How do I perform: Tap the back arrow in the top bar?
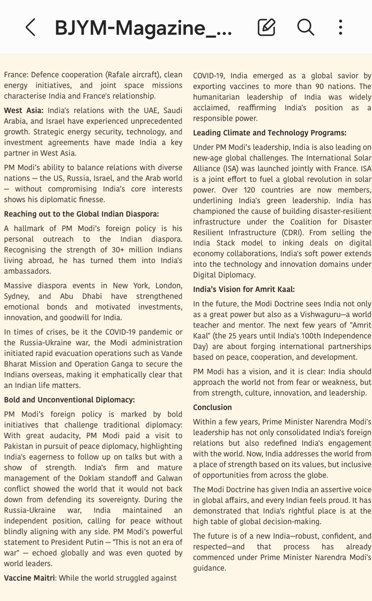[x=30, y=27]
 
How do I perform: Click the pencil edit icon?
[x=266, y=27]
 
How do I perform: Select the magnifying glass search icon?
[x=305, y=27]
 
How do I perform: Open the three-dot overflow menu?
[x=341, y=27]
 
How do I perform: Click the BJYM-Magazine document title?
[x=143, y=27]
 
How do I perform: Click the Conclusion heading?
[x=213, y=407]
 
